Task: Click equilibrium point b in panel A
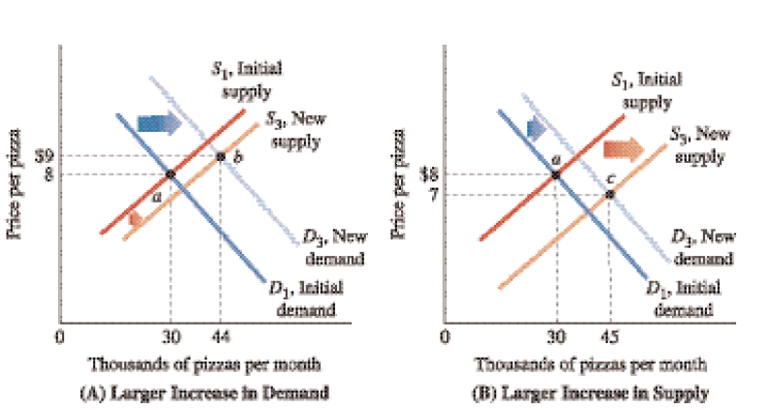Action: pyautogui.click(x=221, y=156)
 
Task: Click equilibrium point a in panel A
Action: pyautogui.click(x=170, y=173)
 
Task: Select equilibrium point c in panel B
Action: pyautogui.click(x=609, y=195)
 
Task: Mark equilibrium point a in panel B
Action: pyautogui.click(x=556, y=174)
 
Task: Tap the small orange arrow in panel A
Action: pyautogui.click(x=136, y=220)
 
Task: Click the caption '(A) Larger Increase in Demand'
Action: pyautogui.click(x=205, y=392)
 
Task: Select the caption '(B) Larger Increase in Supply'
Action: pyautogui.click(x=591, y=392)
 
